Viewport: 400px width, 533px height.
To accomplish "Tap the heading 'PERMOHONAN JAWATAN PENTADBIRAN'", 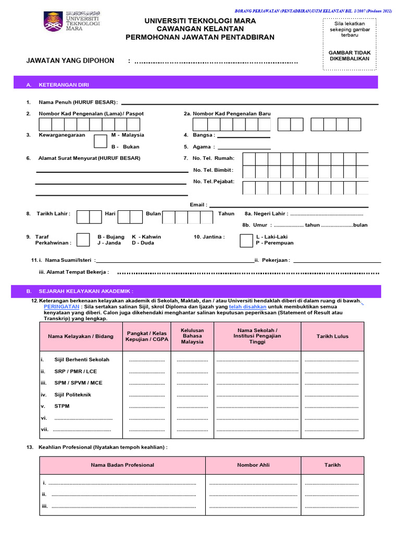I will (x=199, y=37).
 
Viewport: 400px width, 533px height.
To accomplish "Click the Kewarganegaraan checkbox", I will (x=101, y=141).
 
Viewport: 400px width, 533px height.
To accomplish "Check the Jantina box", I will (x=246, y=240).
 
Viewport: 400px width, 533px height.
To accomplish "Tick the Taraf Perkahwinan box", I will (x=84, y=239).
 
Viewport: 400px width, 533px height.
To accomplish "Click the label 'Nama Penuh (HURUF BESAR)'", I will (x=78, y=102).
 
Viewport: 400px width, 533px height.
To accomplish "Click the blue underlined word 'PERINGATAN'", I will (x=61, y=307).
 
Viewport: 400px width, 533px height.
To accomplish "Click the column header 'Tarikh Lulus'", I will (x=332, y=336).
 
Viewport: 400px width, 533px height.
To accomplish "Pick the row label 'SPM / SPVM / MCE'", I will (x=78, y=383).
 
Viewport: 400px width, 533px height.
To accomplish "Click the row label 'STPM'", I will (x=62, y=406).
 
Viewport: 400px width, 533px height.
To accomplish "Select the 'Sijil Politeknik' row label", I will (x=73, y=395).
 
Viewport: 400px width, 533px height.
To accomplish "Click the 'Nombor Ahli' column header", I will (x=253, y=465).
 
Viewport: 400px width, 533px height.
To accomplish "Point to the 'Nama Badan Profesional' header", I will (x=122, y=465).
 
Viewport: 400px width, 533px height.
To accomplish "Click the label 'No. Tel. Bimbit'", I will (x=213, y=170).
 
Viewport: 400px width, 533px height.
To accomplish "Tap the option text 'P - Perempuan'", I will (x=274, y=243).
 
